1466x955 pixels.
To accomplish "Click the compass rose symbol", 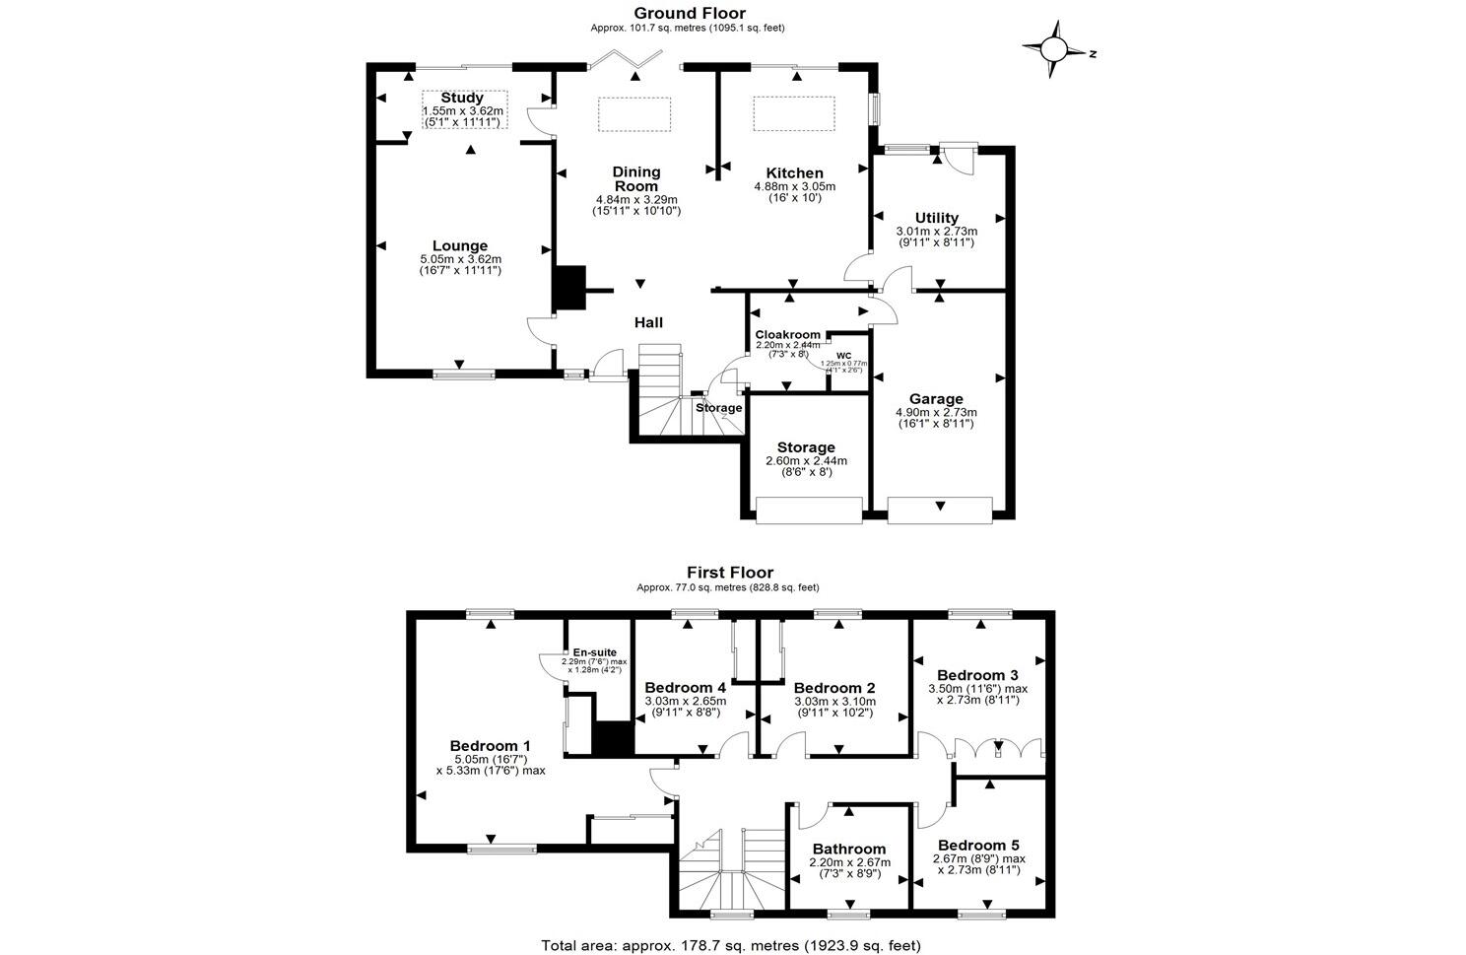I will coord(1053,48).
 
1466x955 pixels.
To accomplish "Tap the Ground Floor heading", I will coord(689,13).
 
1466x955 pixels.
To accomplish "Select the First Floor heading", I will coord(729,573).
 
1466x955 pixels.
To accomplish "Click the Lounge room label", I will coord(460,246).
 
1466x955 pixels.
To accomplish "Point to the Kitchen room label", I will coord(794,173).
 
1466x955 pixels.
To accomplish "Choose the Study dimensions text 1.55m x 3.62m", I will coord(462,111).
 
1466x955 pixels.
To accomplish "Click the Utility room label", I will coord(935,218).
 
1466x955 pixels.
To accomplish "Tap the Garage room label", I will coord(935,399).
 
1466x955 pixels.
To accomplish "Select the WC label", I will coord(843,356).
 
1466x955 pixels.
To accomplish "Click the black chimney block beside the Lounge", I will coord(569,289).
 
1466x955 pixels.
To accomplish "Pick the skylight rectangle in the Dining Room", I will coord(634,113).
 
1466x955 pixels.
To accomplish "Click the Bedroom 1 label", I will coord(490,746).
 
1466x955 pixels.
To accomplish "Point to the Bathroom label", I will coord(848,849).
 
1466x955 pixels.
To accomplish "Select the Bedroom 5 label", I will coord(977,846).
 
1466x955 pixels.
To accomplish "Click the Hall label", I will coord(648,322).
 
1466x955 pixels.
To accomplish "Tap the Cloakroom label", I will coord(787,334).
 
